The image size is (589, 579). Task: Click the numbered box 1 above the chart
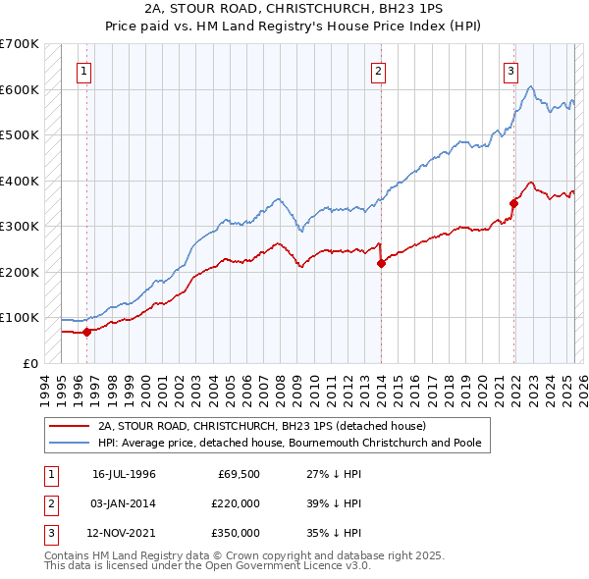click(x=85, y=71)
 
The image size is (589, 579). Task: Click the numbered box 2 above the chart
click(x=378, y=71)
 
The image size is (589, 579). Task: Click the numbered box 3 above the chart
click(x=511, y=71)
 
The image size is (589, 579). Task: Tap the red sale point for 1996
click(x=86, y=332)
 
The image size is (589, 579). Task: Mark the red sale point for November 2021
click(x=513, y=204)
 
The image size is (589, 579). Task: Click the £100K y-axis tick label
click(x=20, y=318)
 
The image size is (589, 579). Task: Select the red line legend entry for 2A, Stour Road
click(x=261, y=426)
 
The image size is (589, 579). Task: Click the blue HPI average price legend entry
click(x=290, y=443)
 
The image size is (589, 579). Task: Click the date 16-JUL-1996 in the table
click(x=125, y=474)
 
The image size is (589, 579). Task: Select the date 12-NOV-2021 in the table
click(x=125, y=533)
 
